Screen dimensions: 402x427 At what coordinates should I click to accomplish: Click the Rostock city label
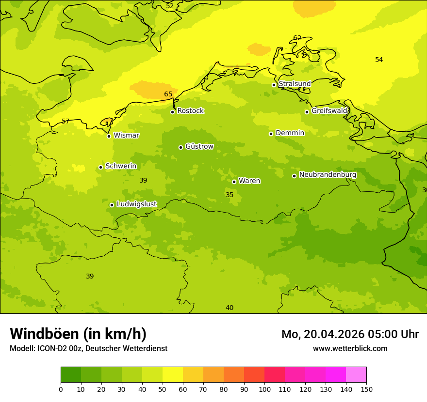[190, 111]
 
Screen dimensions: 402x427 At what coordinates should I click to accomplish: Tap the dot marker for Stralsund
[274, 85]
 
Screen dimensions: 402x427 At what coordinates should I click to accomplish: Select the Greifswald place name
[329, 111]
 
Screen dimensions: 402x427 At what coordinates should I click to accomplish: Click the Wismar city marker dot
[109, 136]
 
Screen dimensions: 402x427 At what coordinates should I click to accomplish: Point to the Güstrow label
[199, 146]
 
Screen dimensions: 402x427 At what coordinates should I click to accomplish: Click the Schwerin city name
[121, 166]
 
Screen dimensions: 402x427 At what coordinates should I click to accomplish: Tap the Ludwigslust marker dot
[112, 205]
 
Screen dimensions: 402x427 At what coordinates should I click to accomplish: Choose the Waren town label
[249, 181]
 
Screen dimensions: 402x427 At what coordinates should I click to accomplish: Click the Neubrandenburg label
[328, 175]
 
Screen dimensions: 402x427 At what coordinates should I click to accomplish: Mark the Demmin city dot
[271, 134]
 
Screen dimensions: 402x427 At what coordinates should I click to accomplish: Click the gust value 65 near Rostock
[168, 94]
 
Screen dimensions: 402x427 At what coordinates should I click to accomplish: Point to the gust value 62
[297, 38]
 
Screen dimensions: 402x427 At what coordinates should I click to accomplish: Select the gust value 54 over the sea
[379, 60]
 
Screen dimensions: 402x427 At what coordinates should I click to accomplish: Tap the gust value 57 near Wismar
[66, 122]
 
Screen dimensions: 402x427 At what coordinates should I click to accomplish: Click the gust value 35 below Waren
[230, 195]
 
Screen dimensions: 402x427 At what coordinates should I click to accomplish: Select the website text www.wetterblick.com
[350, 349]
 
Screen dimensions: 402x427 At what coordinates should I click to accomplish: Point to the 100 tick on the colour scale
[264, 389]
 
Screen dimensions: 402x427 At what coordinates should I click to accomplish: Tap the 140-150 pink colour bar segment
[356, 375]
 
